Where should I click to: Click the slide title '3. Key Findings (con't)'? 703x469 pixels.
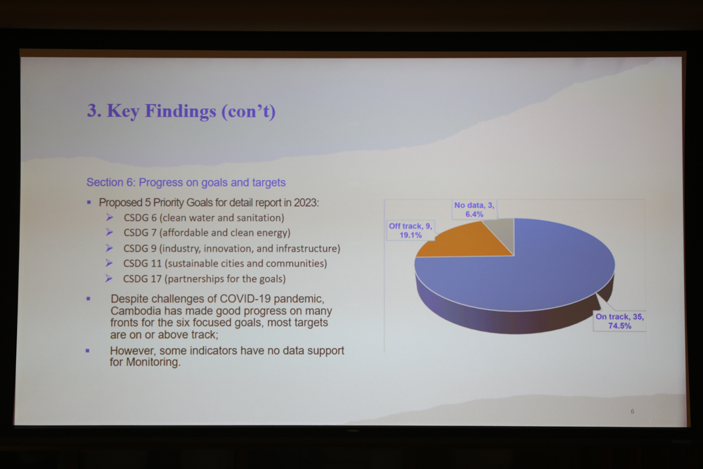point(181,111)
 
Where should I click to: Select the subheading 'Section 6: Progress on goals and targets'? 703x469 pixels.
point(186,183)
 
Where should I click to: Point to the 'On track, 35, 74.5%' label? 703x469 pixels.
point(619,321)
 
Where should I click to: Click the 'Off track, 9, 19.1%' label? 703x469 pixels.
point(411,231)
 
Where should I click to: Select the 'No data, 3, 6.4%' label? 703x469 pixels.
point(475,210)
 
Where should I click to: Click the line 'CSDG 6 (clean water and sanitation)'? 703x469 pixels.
point(204,218)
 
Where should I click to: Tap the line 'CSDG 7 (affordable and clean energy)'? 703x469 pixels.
point(207,233)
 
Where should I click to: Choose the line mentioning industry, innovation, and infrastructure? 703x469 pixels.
point(232,248)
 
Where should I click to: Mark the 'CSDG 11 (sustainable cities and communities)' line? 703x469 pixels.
point(225,263)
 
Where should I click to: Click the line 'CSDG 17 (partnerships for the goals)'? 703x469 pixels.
point(205,279)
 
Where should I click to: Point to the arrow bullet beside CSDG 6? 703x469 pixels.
point(110,217)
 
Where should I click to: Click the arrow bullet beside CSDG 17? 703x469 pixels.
point(109,278)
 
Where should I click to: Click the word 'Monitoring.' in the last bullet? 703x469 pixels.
point(153,362)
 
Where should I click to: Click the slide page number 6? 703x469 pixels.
point(632,411)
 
